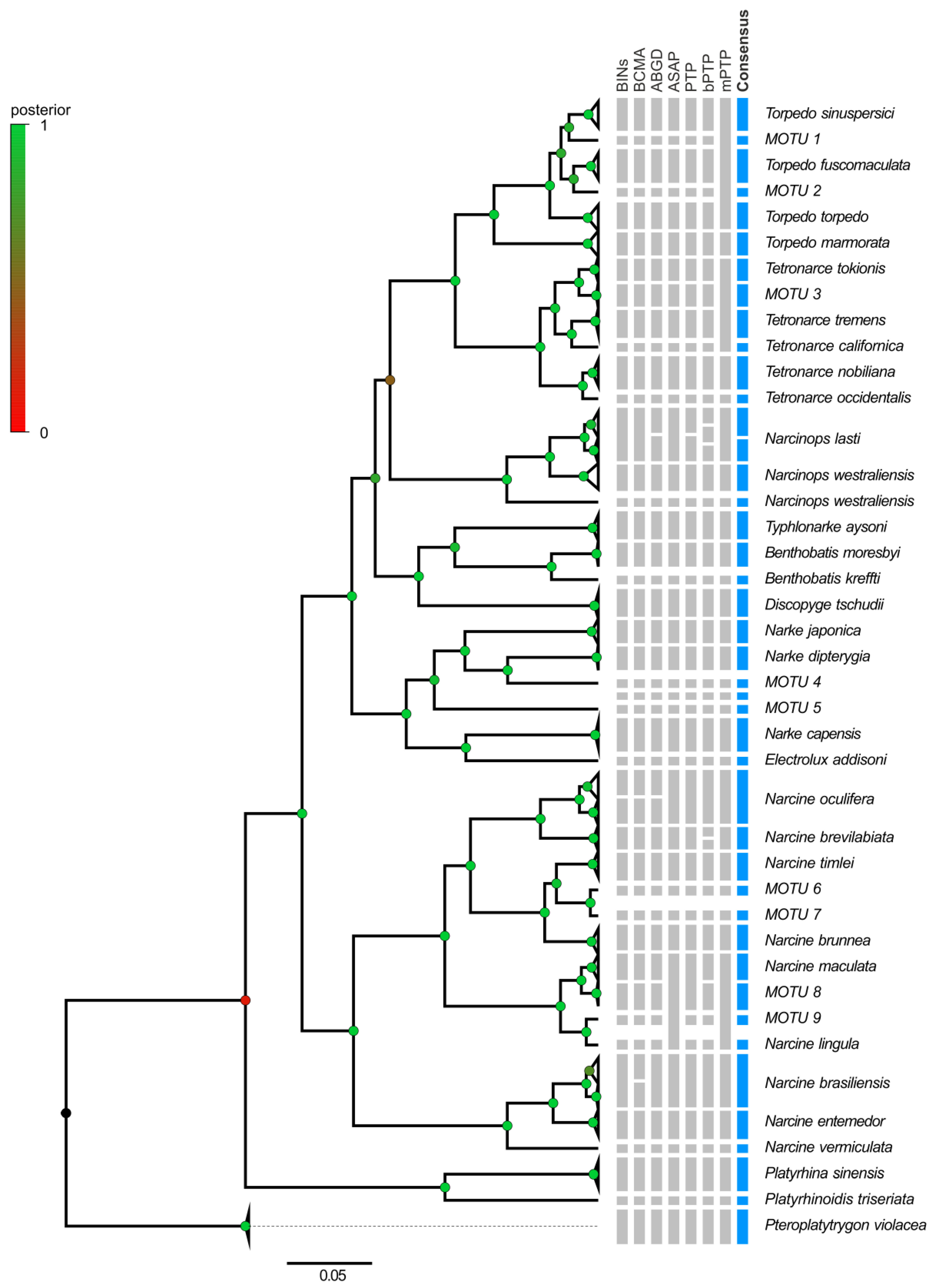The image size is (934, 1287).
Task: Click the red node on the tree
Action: point(245,1000)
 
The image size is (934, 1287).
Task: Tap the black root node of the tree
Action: point(66,1113)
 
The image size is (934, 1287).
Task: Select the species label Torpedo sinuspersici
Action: point(829,113)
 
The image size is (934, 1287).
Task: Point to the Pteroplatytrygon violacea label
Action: point(845,1225)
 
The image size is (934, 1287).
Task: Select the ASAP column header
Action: point(674,71)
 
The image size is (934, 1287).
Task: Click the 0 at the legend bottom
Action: point(44,433)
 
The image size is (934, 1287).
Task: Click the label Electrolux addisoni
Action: point(825,759)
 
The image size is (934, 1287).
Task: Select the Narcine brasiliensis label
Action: point(827,1083)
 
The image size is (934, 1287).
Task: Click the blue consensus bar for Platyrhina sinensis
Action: point(742,1173)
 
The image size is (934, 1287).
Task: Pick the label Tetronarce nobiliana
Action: point(830,372)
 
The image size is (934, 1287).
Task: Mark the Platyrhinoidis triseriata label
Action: point(839,1199)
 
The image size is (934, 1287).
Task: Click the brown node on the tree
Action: point(390,380)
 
